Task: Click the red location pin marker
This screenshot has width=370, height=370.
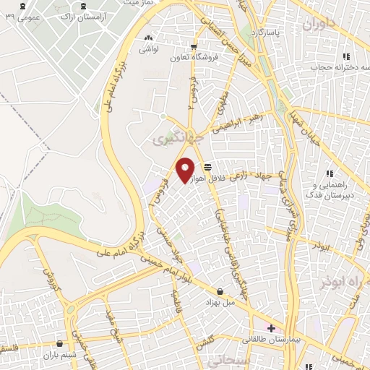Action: tap(186, 170)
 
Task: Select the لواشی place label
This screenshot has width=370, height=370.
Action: tap(149, 48)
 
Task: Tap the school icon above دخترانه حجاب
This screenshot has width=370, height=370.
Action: tap(346, 56)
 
